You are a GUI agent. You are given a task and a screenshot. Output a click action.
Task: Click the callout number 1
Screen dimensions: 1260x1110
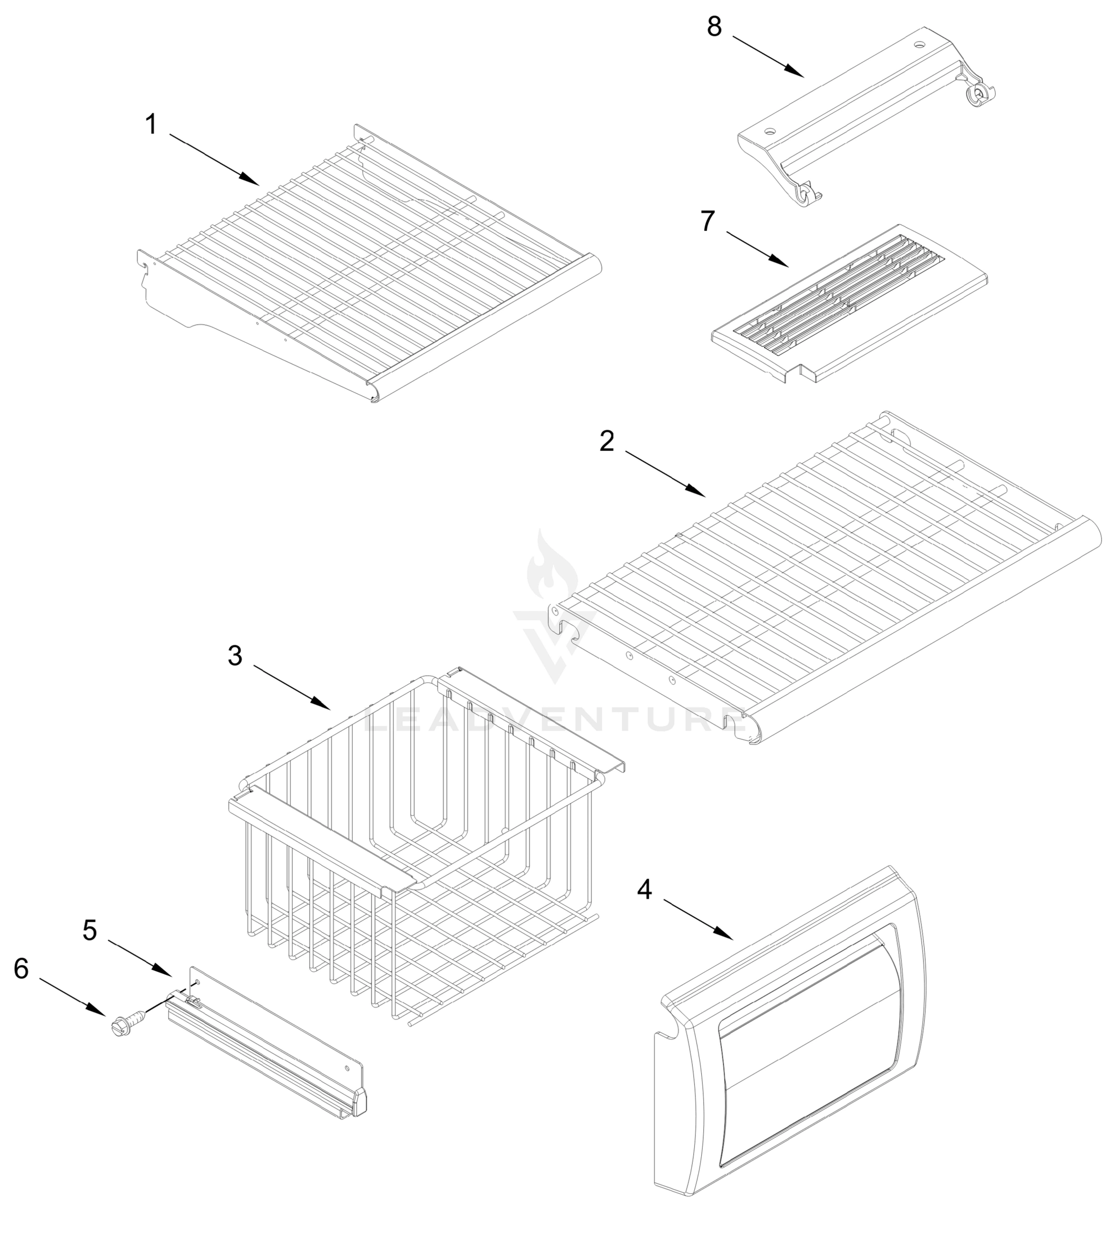(x=151, y=124)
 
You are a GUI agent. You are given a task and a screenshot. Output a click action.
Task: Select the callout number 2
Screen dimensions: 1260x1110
(x=607, y=442)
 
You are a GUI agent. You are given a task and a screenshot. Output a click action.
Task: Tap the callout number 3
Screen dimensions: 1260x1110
(x=235, y=656)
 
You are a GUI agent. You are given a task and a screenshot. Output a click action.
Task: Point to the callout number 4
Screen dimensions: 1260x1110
(x=644, y=889)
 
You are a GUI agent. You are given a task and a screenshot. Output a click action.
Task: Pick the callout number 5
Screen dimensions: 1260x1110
(x=90, y=930)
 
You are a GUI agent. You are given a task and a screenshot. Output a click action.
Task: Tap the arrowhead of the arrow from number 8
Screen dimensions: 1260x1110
(x=801, y=75)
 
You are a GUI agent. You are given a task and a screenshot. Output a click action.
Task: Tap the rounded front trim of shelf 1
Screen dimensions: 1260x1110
(x=487, y=327)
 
